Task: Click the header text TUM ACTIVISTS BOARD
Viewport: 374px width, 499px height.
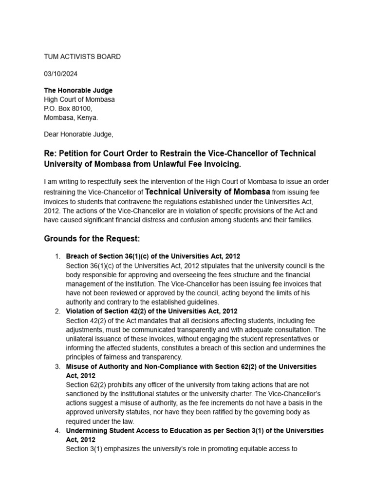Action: pyautogui.click(x=82, y=57)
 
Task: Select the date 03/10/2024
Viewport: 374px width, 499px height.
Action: pyautogui.click(x=60, y=74)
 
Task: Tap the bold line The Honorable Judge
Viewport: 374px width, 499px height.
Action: pyautogui.click(x=78, y=91)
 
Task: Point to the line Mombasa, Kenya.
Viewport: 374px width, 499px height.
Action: pyautogui.click(x=71, y=117)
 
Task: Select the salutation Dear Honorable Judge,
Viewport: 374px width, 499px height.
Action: pyautogui.click(x=78, y=134)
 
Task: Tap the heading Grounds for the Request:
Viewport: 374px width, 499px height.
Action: pyautogui.click(x=92, y=239)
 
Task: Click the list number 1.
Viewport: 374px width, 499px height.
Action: pyautogui.click(x=57, y=256)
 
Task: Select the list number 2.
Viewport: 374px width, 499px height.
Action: pyautogui.click(x=57, y=311)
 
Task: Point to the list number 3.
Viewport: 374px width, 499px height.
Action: pyautogui.click(x=57, y=366)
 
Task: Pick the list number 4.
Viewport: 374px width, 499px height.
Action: pyautogui.click(x=57, y=431)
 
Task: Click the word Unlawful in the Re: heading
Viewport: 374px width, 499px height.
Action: pyautogui.click(x=171, y=163)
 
